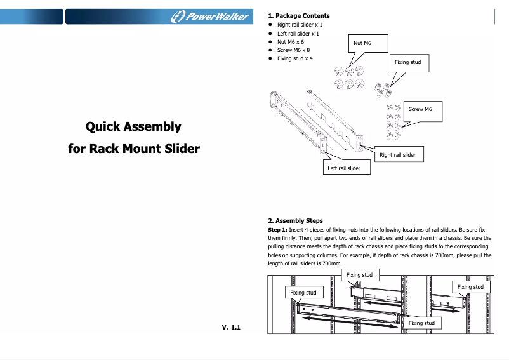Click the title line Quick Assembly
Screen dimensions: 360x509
[133, 126]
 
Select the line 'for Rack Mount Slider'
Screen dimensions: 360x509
[133, 149]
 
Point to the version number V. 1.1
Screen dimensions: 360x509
[232, 327]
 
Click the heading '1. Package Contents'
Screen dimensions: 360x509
[299, 15]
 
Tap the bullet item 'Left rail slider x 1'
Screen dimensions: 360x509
[298, 33]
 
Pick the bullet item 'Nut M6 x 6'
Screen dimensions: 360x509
[290, 41]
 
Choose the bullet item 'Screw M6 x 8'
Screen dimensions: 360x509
[293, 50]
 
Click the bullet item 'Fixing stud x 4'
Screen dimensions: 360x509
[294, 58]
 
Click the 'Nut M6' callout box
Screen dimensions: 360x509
[362, 43]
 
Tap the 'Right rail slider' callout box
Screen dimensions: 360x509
[397, 155]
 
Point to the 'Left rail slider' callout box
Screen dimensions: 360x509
[343, 168]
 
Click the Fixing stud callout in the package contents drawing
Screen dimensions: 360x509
[407, 62]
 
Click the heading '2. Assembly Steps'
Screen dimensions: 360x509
[295, 221]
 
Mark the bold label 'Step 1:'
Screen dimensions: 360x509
[278, 229]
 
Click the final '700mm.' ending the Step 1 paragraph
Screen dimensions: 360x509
[333, 263]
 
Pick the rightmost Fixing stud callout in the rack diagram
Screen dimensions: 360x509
[470, 287]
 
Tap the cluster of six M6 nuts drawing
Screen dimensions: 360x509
[350, 77]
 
